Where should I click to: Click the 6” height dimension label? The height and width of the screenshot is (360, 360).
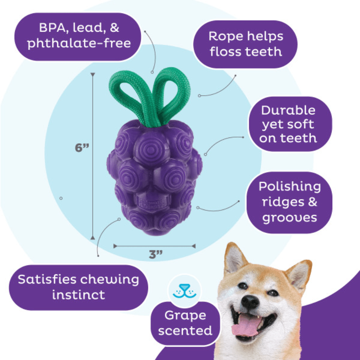[x=81, y=148]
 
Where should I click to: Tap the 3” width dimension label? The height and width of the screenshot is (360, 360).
[x=156, y=255]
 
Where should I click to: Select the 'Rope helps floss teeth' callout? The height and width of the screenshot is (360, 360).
[x=246, y=44]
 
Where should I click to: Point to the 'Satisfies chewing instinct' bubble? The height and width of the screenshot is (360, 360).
[x=78, y=287]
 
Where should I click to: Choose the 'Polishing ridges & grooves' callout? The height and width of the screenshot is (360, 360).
[x=289, y=202]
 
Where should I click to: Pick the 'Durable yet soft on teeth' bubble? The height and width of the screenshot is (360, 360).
[x=288, y=124]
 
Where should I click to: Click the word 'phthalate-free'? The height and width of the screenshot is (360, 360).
[x=79, y=44]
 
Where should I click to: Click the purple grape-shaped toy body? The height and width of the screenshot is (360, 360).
[x=155, y=176]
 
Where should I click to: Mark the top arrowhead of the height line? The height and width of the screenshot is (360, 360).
[x=93, y=75]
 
